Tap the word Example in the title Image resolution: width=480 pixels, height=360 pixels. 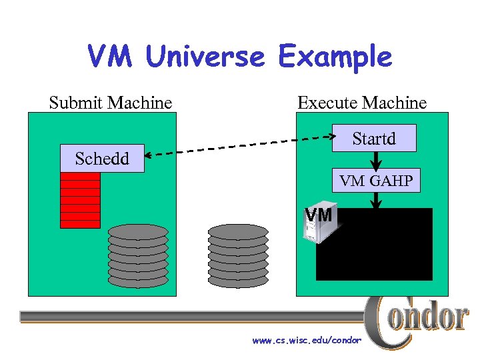335,57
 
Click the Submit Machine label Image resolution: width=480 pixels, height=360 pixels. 111,103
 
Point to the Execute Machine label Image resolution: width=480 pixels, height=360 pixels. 362,103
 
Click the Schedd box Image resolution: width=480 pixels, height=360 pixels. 102,159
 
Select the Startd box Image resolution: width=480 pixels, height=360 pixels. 374,139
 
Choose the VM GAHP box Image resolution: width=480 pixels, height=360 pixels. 376,180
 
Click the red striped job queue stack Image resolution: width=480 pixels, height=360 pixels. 80,200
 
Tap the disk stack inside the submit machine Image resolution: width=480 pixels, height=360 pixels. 138,256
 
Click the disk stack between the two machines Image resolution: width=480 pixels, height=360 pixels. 238,256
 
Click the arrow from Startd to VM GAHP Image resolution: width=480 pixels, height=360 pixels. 375,160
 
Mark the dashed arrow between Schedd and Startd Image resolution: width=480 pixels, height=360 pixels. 240,147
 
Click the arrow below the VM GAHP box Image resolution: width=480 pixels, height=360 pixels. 376,201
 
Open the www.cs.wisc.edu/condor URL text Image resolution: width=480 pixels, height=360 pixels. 307,341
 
